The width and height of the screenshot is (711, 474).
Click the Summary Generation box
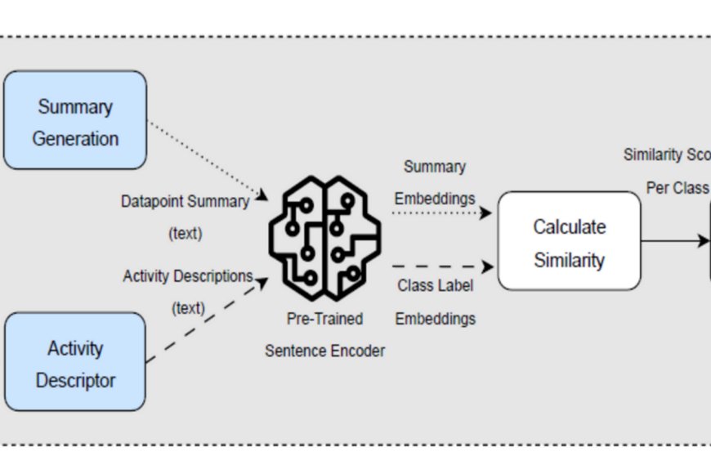[x=74, y=120]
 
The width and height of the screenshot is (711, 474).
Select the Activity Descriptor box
[x=74, y=362]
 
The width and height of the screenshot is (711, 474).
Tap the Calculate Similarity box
[x=569, y=241]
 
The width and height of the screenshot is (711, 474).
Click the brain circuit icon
[x=324, y=237]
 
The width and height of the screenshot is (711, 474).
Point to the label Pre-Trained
[x=324, y=318]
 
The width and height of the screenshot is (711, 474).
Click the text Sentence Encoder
[x=324, y=351]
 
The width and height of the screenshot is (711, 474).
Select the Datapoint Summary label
[x=185, y=201]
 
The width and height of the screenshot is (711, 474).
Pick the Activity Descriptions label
[x=187, y=276]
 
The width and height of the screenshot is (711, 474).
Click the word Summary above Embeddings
[x=435, y=167]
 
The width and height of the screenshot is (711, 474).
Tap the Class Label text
[x=435, y=286]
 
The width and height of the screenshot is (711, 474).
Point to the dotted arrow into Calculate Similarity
[x=441, y=213]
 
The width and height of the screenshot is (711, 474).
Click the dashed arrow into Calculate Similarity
[x=441, y=266]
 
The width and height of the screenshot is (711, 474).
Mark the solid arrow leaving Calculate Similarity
[x=674, y=241]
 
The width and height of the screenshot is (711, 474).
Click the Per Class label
[x=677, y=188]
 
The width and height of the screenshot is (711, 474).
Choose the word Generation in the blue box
[x=75, y=138]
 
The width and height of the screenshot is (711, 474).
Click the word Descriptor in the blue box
[x=75, y=380]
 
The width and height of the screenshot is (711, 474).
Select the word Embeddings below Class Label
[x=435, y=319]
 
